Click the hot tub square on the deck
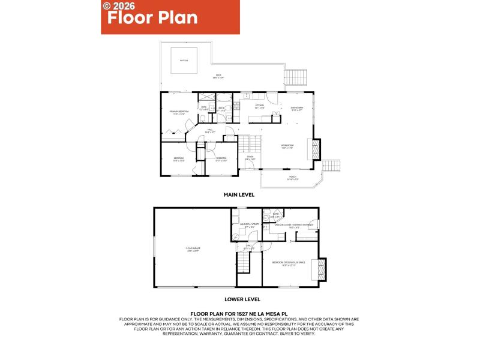coord(184,60)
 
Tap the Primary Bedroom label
coord(179,112)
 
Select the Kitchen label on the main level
coord(260,107)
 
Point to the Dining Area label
coord(297,109)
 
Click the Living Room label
coord(287,146)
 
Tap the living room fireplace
coord(314,149)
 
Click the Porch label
coord(293,178)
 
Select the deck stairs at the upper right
coord(293,77)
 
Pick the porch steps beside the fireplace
coord(332,166)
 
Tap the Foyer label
coord(250,158)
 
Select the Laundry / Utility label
coord(247,226)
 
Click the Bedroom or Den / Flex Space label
coord(289,263)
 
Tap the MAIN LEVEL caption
coord(239,195)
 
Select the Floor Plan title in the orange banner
coord(152,17)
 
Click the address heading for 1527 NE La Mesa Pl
coord(239,313)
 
